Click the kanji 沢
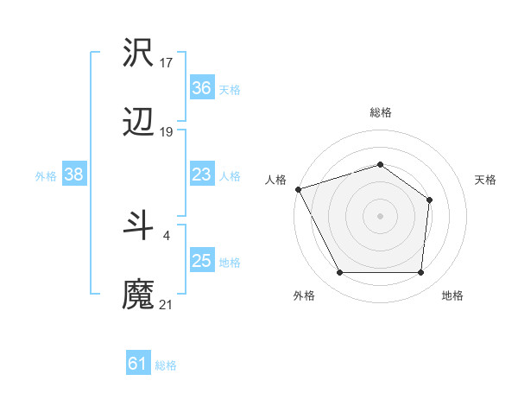tap(139, 54)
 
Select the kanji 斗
tap(139, 225)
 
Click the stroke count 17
tap(167, 62)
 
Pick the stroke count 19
tap(167, 132)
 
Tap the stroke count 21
tap(167, 304)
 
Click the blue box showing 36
tap(201, 88)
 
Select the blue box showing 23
tap(201, 175)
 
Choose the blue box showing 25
tap(201, 261)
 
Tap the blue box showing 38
tap(73, 175)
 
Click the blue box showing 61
tap(137, 364)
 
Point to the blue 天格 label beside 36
tap(230, 89)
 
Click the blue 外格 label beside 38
tap(46, 176)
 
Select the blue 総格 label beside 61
tap(166, 365)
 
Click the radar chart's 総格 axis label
tap(380, 112)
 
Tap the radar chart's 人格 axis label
tap(275, 180)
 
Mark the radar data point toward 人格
tap(298, 189)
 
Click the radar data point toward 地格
tap(420, 273)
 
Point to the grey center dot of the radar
tap(380, 216)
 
